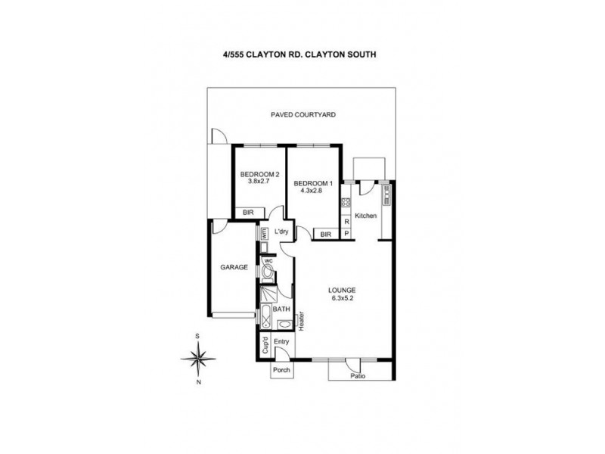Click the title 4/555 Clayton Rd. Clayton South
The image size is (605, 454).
pos(302,54)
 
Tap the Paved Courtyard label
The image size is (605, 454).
pos(302,115)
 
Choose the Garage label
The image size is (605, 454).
pos(234,267)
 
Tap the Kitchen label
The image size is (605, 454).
pos(366,216)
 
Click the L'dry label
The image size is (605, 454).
pos(282,231)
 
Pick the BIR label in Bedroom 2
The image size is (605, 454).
pos(247,213)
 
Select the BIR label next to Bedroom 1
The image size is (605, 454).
pos(326,235)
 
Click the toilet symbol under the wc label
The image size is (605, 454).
pos(268,269)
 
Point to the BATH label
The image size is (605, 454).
pos(281,309)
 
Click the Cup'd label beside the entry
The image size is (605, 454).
pos(265,346)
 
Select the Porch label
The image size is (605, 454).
pos(281,370)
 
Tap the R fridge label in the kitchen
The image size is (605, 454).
pos(346,222)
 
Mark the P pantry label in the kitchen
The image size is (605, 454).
pos(346,234)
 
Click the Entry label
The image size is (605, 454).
pos(282,342)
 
